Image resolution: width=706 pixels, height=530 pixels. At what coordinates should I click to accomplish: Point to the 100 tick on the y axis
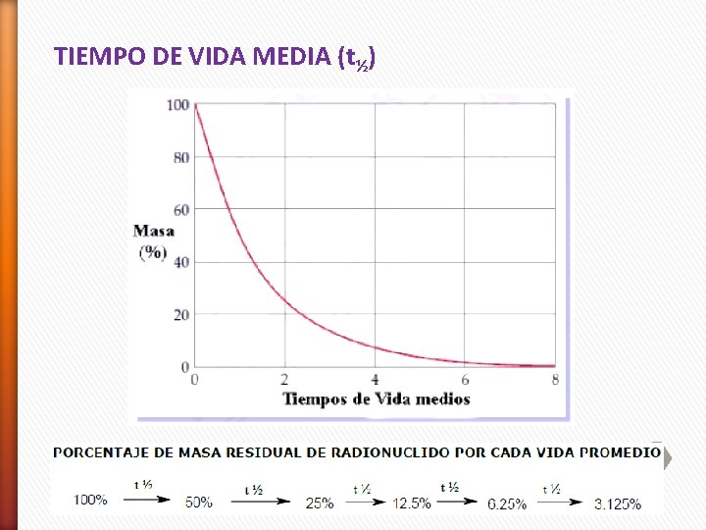point(178,105)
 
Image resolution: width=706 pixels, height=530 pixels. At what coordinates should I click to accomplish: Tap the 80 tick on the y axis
point(181,157)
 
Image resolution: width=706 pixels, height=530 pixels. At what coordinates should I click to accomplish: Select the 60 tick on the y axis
point(181,209)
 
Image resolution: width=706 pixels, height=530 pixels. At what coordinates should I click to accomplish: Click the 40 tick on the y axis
point(181,262)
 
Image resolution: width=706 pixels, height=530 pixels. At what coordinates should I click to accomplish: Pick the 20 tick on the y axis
point(181,314)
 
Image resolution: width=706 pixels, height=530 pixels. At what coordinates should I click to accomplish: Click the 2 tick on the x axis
point(284,380)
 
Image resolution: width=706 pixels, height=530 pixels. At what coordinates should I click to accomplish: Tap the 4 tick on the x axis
point(375,380)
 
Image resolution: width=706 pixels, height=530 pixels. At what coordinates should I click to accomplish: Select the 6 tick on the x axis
point(465,380)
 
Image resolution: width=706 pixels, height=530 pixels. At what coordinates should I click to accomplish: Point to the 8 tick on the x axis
point(555,380)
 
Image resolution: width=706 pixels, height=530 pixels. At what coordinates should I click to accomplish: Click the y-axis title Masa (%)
point(154,241)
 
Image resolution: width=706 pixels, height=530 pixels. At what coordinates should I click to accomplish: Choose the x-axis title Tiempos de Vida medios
point(377,398)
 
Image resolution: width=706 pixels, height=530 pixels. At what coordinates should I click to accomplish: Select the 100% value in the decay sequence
point(91,500)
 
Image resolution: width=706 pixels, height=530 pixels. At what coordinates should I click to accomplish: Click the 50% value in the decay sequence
point(199,502)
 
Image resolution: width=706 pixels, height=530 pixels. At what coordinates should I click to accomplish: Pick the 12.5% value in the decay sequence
point(411,503)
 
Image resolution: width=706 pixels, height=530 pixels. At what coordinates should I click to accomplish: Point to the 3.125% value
point(618,504)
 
